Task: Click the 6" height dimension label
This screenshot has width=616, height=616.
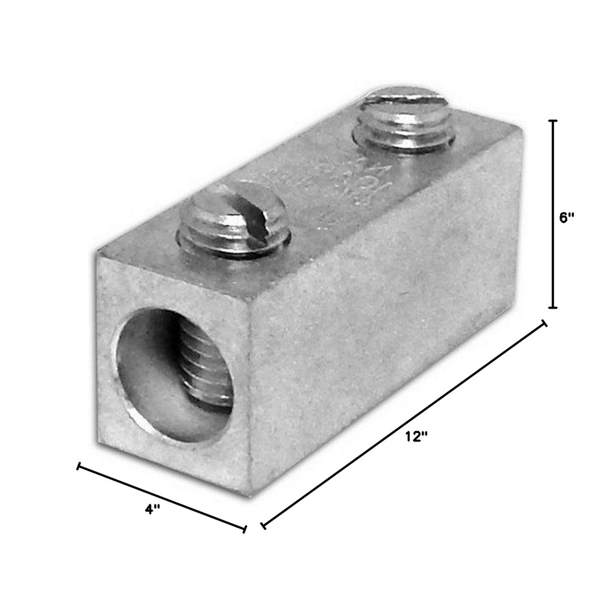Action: click(x=567, y=218)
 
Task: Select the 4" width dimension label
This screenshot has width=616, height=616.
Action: click(x=153, y=509)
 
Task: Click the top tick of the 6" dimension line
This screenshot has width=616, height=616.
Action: click(x=553, y=120)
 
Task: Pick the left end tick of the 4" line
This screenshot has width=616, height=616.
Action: click(x=78, y=466)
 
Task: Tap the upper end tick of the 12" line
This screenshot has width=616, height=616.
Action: click(x=545, y=324)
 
